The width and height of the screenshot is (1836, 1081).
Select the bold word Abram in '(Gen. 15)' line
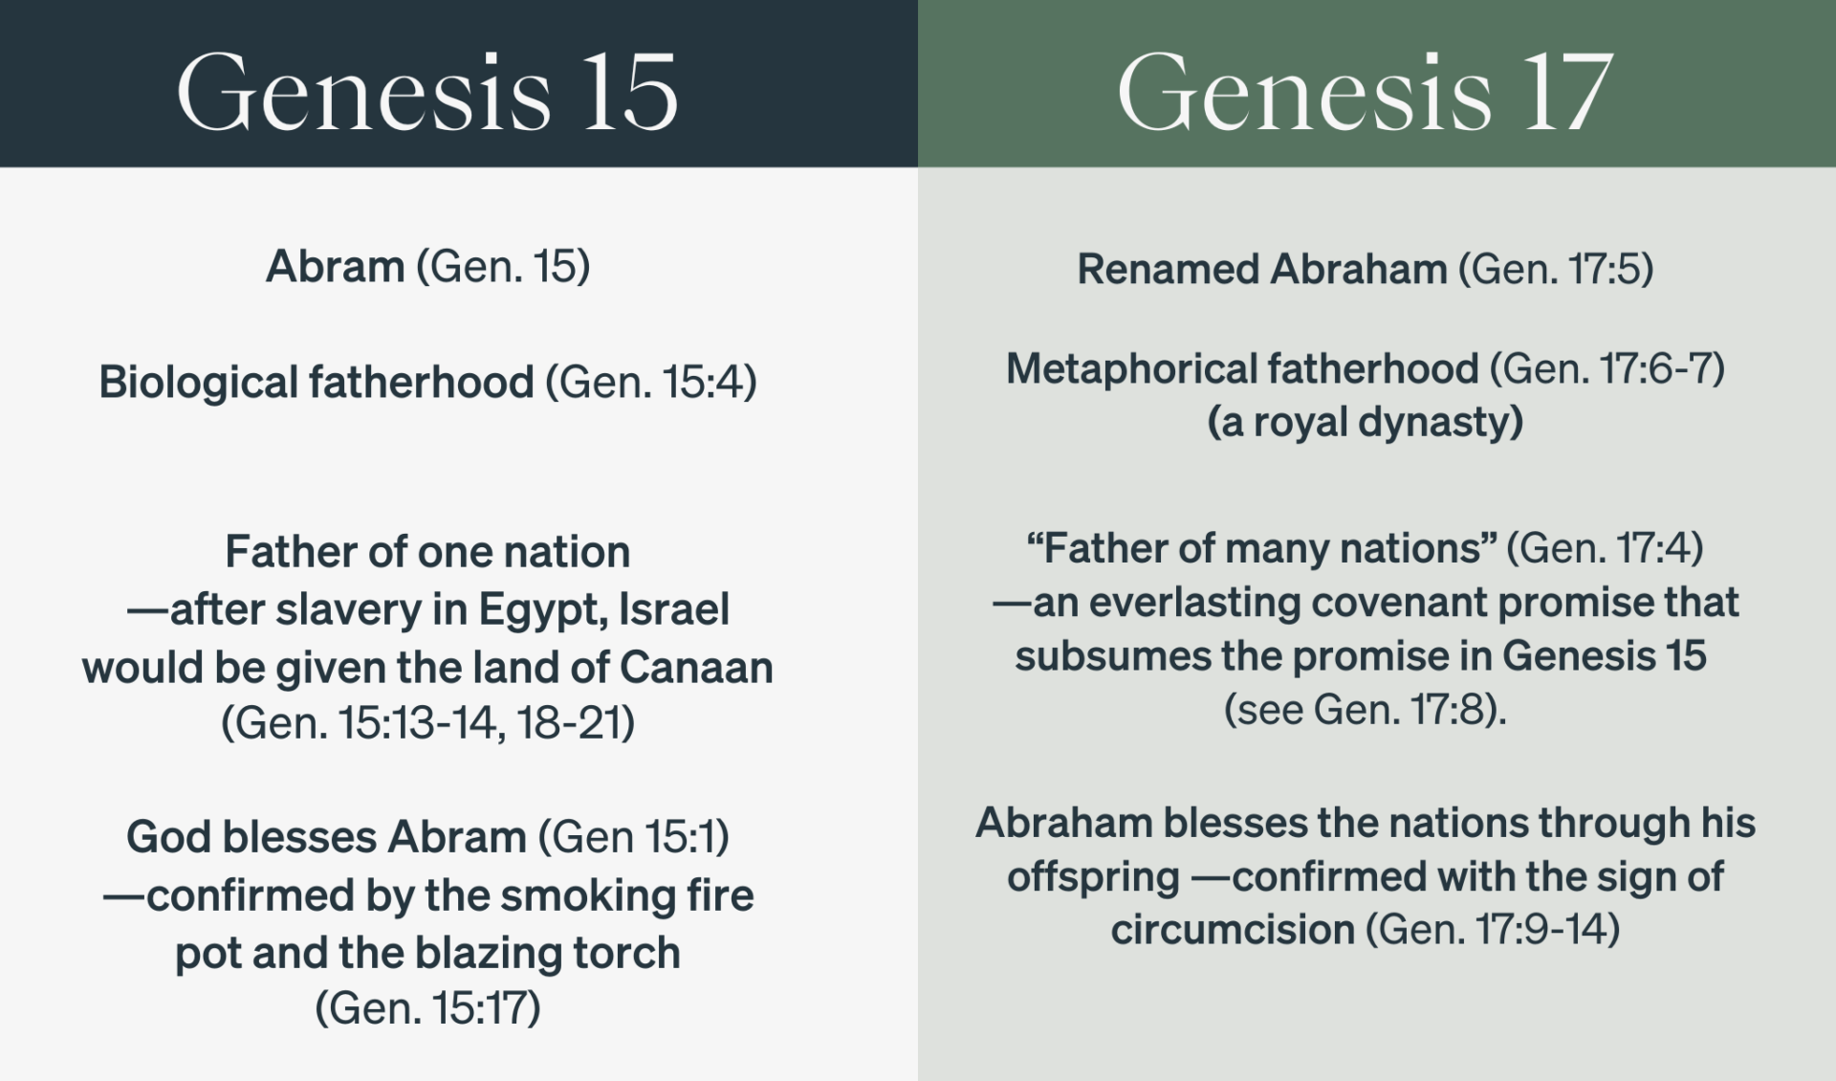point(335,266)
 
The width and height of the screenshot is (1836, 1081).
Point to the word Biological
point(198,382)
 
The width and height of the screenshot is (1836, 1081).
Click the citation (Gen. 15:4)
point(651,382)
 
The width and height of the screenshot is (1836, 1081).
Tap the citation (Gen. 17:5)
point(1556,269)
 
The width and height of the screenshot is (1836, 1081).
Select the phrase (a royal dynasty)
point(1365,422)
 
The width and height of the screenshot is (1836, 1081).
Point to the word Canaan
point(696,667)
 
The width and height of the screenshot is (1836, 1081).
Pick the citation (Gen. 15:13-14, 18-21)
point(427,722)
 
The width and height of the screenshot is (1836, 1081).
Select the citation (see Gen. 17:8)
point(1365,709)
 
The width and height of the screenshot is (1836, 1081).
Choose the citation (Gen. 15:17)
point(427,1007)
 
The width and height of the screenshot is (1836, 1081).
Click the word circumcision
point(1233,929)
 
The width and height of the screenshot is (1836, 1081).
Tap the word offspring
point(1093,876)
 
